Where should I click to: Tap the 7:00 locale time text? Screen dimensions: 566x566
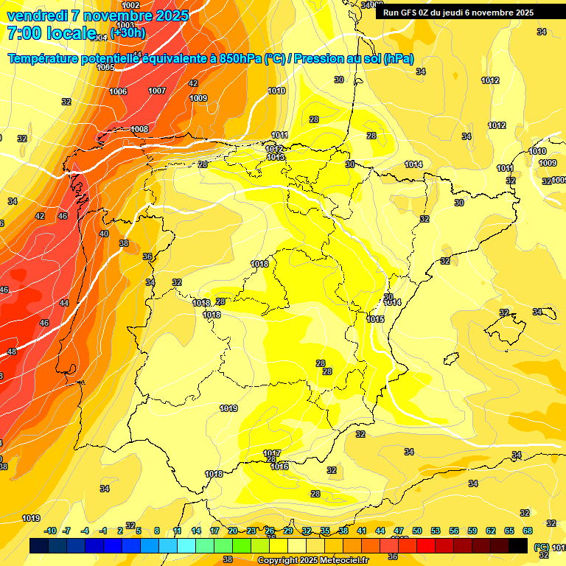(52, 33)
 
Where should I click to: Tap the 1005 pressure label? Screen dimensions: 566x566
(106, 67)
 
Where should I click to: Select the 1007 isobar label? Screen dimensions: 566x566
(157, 91)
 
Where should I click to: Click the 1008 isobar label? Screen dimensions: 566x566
(140, 129)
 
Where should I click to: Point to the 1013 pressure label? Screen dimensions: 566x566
(276, 157)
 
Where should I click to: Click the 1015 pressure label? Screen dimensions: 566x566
(375, 319)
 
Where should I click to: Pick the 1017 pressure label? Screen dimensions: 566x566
(272, 453)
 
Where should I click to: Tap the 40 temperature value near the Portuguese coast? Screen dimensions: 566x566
(104, 234)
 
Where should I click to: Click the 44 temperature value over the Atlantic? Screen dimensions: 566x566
(64, 303)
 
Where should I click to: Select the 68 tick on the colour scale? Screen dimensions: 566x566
(528, 531)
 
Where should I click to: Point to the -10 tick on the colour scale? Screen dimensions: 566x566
(50, 531)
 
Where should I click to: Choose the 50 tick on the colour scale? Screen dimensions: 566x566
(417, 531)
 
